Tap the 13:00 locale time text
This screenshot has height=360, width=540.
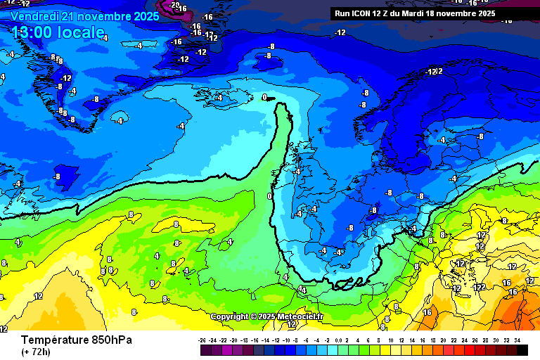(58, 32)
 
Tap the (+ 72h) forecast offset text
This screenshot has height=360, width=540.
(36, 352)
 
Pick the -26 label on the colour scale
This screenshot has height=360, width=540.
(204, 340)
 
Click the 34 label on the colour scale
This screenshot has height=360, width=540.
(517, 340)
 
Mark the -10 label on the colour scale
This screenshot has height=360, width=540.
(288, 340)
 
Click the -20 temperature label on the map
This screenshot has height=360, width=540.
(174, 6)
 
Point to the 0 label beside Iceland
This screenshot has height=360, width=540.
(264, 97)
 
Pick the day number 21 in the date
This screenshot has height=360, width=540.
(71, 15)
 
